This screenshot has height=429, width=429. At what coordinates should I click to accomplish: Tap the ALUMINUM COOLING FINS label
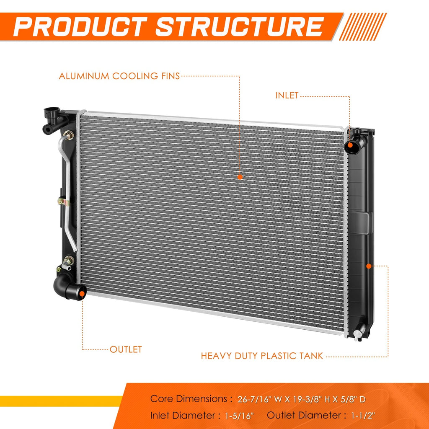point(119,76)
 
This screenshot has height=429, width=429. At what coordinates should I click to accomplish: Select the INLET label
point(287,96)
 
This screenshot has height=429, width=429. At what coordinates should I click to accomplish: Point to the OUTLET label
point(126,349)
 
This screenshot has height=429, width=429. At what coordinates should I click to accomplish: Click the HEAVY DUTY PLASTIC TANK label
point(262,356)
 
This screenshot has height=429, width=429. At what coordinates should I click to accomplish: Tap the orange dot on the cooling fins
point(240,177)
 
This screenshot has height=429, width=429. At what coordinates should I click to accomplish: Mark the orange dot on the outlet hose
point(82,294)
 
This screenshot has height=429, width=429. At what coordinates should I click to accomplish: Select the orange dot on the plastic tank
point(369,266)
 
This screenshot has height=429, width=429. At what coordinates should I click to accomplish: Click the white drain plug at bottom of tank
point(358,335)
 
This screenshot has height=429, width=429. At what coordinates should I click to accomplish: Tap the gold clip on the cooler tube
point(64,202)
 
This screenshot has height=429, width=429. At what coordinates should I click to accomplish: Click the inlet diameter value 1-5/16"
point(239,416)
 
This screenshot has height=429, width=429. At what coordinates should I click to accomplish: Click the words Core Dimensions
point(189,399)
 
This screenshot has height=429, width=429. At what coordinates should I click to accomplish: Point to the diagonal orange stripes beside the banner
point(363,27)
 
